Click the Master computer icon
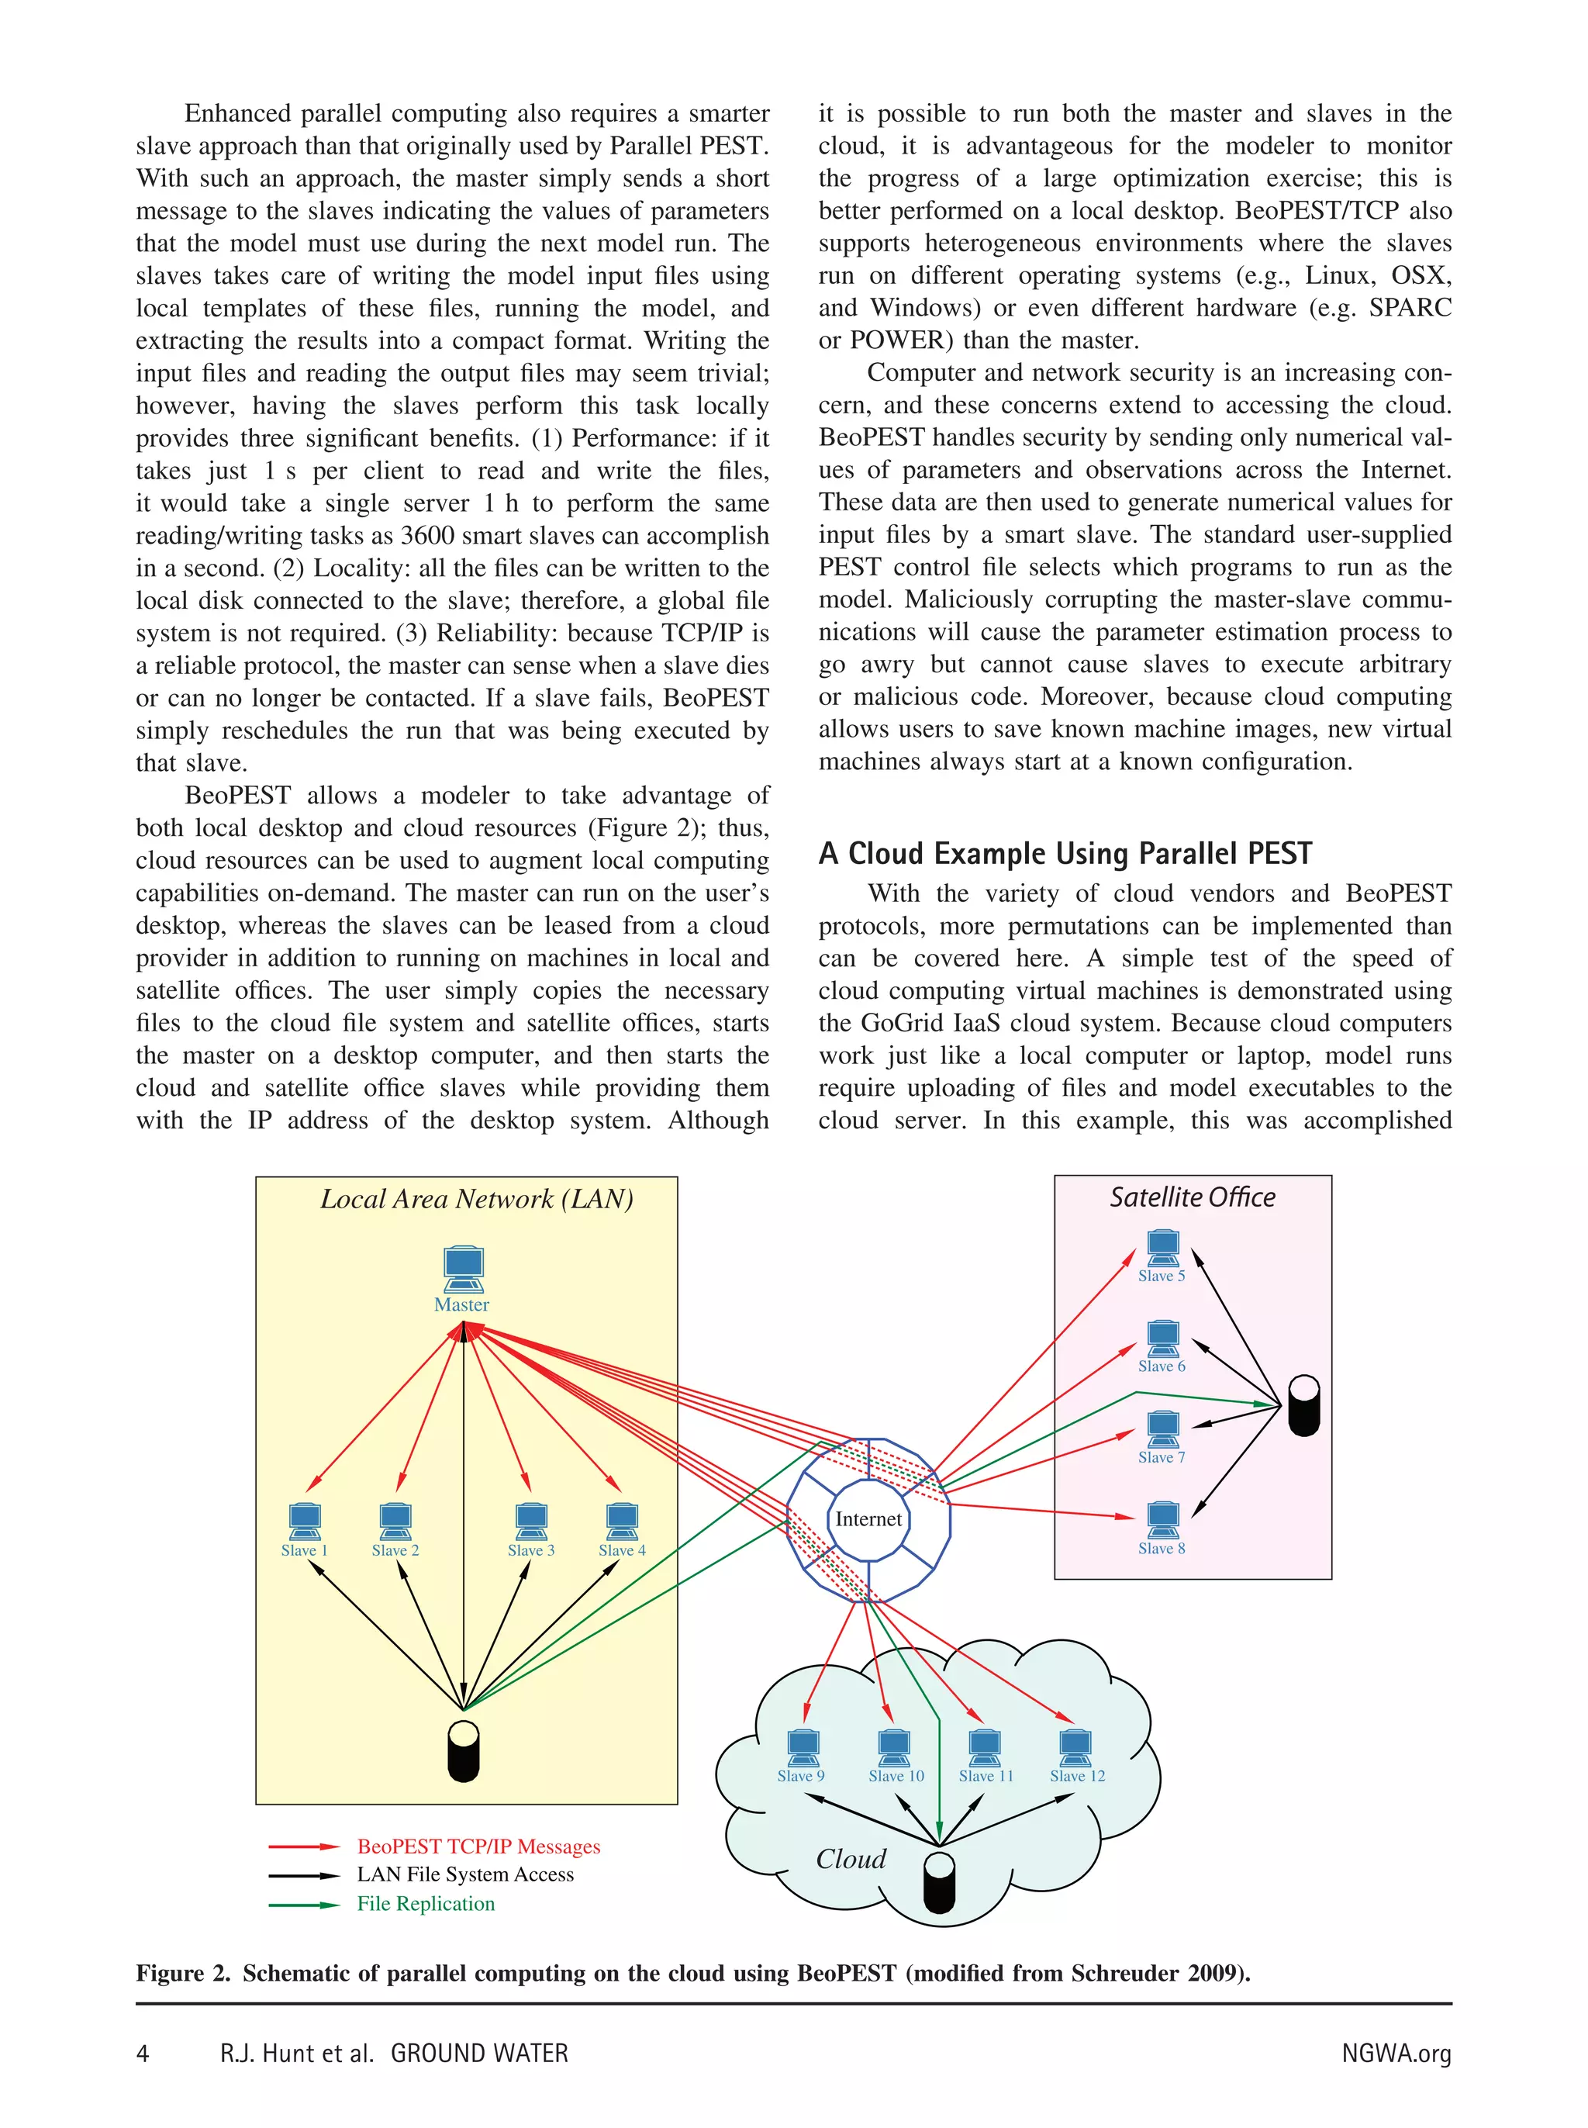tap(464, 1268)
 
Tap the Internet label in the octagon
tap(868, 1518)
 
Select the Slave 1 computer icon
tap(305, 1521)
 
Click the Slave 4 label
tap(622, 1549)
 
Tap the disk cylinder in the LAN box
tap(464, 1750)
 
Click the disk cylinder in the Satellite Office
tap(1303, 1404)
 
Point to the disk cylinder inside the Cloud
tap(939, 1883)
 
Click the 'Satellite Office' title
tap(1192, 1197)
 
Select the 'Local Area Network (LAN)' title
tap(476, 1199)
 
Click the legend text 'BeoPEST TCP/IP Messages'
tap(478, 1846)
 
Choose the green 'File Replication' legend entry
tap(425, 1903)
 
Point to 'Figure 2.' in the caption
tap(183, 1973)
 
